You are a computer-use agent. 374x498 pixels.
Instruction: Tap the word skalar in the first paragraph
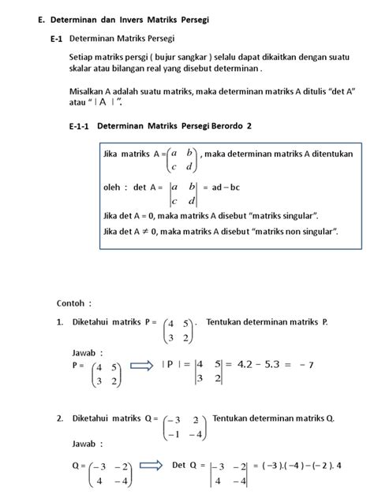tap(81, 69)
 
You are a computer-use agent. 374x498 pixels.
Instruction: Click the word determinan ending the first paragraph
tap(241, 69)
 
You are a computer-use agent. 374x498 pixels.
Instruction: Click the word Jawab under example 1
tap(86, 352)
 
